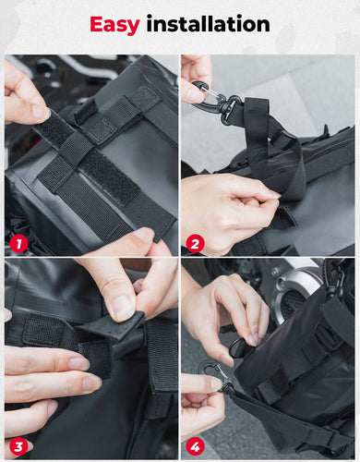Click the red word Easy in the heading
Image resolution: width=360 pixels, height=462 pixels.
coord(114,25)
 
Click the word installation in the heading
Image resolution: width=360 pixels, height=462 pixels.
coord(208,24)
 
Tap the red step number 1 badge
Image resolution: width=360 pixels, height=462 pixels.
coord(18,244)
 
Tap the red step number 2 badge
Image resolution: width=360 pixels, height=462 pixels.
coord(195,244)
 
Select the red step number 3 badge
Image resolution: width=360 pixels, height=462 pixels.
coord(18,445)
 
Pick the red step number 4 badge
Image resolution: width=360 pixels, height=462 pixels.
coord(195,445)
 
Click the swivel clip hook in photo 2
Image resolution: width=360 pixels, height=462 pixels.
coord(215,100)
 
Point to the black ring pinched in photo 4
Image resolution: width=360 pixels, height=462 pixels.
coord(238,346)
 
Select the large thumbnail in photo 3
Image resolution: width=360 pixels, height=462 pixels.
coord(121,308)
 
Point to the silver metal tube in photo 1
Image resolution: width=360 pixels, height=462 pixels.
coord(92,68)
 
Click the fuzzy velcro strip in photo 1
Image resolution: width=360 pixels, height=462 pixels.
coord(108,176)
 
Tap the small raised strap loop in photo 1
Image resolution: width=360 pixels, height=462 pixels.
coord(86,110)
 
